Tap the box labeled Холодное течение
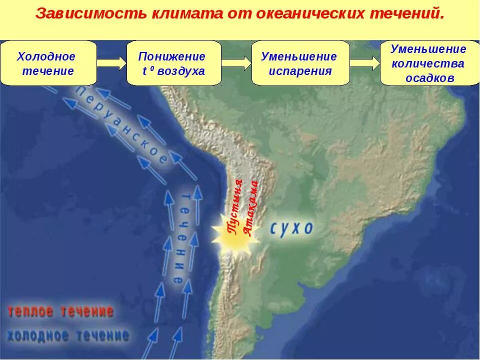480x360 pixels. click(48, 63)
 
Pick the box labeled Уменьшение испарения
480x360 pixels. click(300, 63)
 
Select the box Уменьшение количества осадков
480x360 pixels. click(429, 63)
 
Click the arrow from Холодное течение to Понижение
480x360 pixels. click(111, 63)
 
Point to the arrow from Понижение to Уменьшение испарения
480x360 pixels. click(236, 63)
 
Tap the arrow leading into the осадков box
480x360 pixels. click(364, 63)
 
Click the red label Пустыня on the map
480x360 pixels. click(235, 205)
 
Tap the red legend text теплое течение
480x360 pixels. click(60, 311)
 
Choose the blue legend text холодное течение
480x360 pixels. click(68, 335)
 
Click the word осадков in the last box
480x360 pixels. click(429, 78)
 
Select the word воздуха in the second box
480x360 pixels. click(181, 71)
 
